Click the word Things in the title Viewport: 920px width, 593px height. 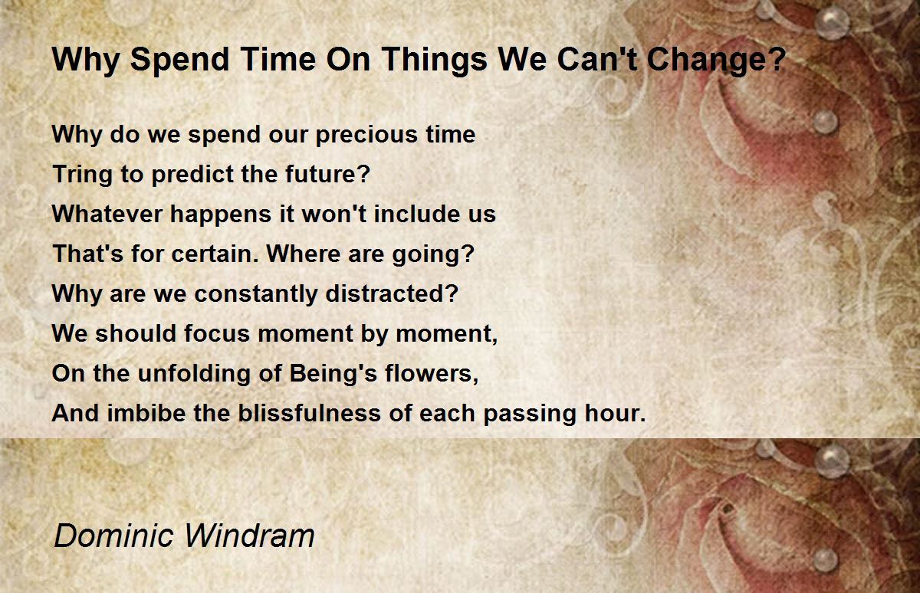coord(435,61)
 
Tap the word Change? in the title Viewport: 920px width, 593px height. coord(716,61)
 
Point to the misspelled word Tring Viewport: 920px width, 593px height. coord(82,175)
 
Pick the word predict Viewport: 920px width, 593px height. coord(192,175)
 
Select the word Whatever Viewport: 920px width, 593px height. coord(107,214)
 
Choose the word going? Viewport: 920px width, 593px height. coord(433,254)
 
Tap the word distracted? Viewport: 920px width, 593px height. coord(392,293)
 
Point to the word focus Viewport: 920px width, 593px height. coord(216,333)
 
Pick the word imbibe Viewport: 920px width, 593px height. coord(146,412)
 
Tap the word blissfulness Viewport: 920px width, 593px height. coord(310,412)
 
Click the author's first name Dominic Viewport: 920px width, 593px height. coord(113,536)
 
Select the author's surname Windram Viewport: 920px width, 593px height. coord(250,536)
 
